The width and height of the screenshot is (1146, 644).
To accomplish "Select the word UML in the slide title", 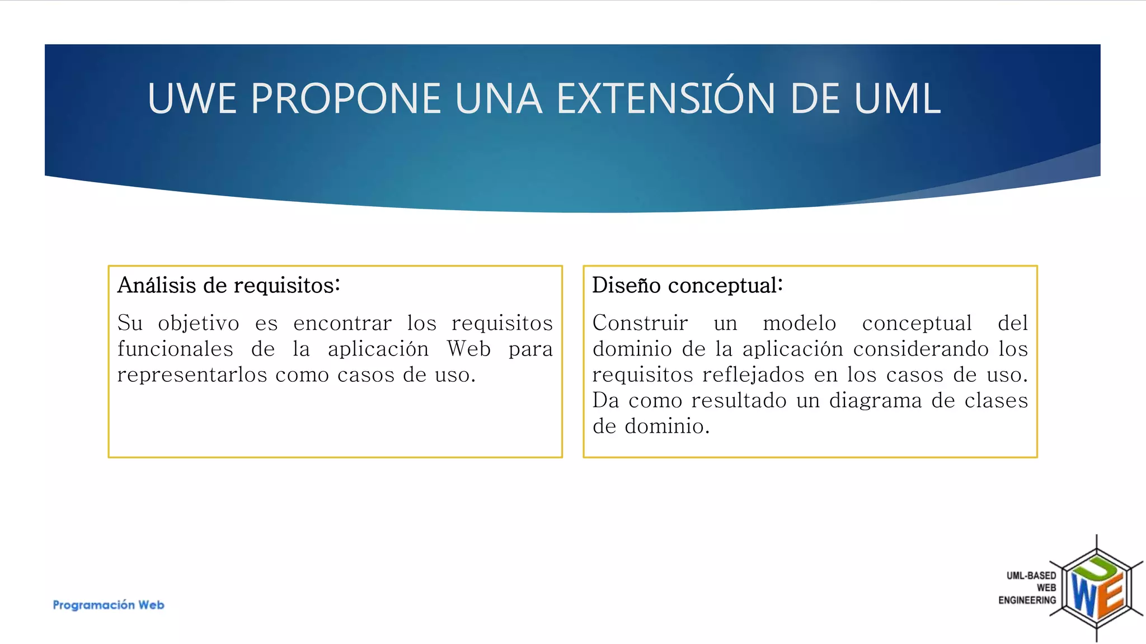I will [897, 98].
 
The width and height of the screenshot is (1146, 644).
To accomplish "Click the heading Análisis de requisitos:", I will [228, 285].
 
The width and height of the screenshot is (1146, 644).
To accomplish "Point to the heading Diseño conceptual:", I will [687, 285].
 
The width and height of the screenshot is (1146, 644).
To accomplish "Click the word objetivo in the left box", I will [198, 323].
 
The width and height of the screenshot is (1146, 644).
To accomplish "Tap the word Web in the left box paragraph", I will [469, 349].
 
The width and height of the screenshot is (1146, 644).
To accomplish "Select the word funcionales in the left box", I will [175, 349].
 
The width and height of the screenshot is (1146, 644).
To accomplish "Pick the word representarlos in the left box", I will [192, 375].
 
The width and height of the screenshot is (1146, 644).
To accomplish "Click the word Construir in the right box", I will [640, 323].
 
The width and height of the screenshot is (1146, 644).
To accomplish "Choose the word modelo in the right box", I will [800, 323].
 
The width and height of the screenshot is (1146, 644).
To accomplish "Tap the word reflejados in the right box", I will [754, 375].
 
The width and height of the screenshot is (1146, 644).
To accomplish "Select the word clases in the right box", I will [996, 400].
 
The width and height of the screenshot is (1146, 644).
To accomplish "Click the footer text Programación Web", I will [109, 605].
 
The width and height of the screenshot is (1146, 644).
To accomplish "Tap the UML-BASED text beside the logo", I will [1031, 575].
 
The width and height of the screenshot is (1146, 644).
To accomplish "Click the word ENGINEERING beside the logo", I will [1027, 600].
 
